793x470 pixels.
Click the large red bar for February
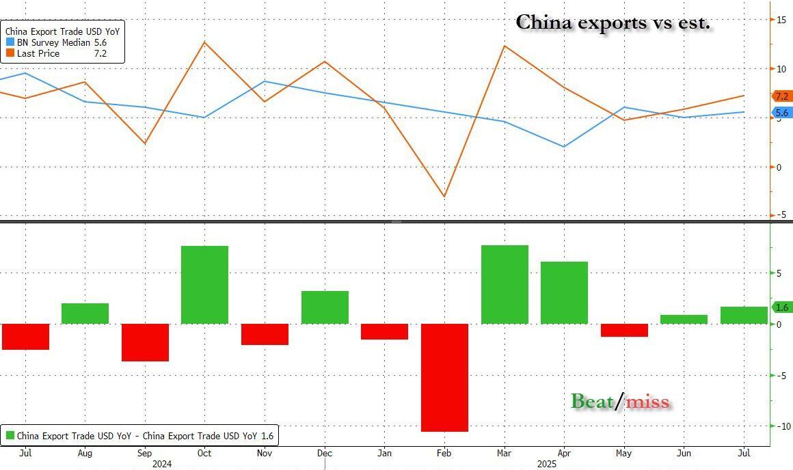(444, 377)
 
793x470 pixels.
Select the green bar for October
(204, 285)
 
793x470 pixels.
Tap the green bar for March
(505, 284)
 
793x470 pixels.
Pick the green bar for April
(564, 292)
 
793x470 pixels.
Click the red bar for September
(145, 342)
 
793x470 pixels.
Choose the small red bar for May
(624, 330)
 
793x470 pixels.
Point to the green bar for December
(325, 307)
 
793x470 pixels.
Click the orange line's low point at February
(444, 197)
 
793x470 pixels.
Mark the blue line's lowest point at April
(564, 147)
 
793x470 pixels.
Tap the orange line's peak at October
(204, 42)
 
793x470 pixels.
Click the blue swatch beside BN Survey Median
(10, 42)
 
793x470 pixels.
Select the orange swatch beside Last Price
(10, 53)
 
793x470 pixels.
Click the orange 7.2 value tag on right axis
(781, 96)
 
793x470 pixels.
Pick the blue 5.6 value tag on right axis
(781, 113)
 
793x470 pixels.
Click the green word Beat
(592, 401)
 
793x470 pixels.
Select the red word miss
(647, 402)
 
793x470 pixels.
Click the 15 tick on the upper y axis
(779, 20)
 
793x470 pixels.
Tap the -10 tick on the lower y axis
(778, 426)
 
